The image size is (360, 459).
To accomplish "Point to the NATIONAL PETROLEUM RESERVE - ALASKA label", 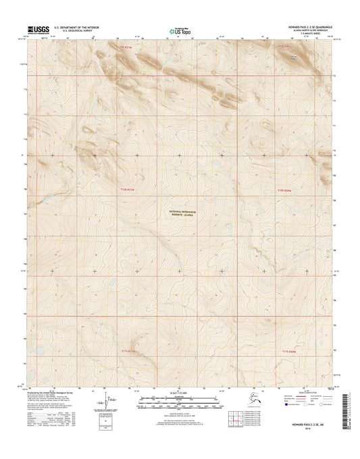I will tap(181, 212).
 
